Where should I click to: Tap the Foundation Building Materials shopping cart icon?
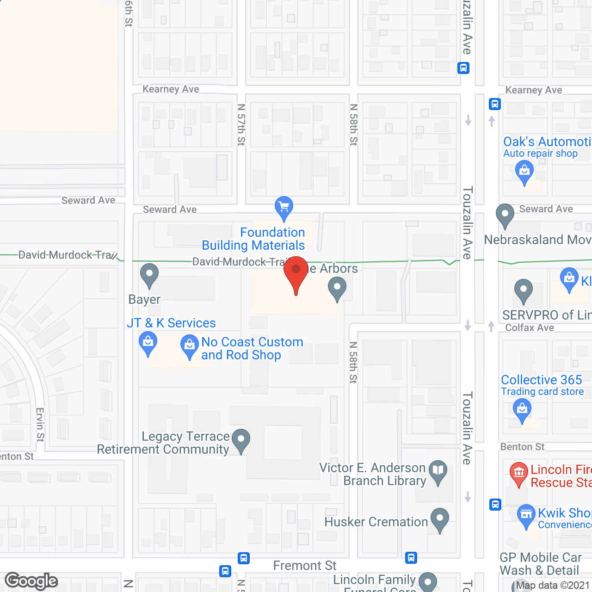click(284, 207)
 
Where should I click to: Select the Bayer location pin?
click(149, 275)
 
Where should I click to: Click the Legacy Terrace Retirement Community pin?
click(240, 440)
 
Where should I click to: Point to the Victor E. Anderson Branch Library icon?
click(438, 472)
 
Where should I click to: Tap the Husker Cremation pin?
click(439, 519)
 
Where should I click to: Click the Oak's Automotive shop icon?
click(524, 171)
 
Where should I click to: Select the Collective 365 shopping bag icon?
click(522, 410)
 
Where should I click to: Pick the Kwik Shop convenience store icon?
click(526, 515)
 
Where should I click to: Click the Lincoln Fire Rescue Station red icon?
click(519, 473)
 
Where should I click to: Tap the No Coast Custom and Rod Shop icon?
click(189, 346)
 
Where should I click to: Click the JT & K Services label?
click(171, 323)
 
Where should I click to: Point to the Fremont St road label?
click(305, 566)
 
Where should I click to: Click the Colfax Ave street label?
click(530, 328)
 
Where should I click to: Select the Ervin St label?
click(40, 425)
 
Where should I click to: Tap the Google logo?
click(31, 581)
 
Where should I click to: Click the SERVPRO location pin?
click(523, 290)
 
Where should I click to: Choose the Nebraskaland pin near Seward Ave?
click(505, 215)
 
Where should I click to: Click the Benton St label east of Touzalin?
click(522, 447)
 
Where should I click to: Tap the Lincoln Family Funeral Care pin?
click(428, 582)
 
